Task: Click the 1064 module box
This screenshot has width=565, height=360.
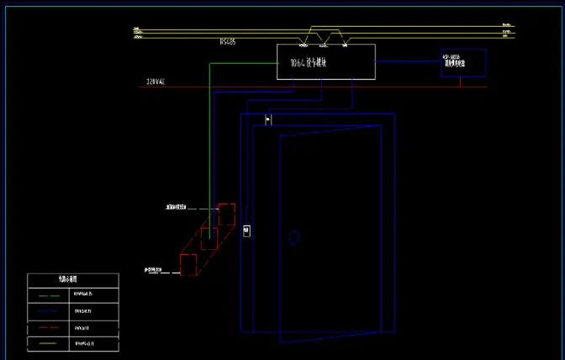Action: [x=314, y=62]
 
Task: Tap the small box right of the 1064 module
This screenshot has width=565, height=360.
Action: [x=463, y=63]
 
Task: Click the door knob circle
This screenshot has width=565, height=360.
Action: [x=294, y=239]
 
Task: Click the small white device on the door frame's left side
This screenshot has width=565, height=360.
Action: [x=246, y=230]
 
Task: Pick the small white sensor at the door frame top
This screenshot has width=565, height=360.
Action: [x=268, y=119]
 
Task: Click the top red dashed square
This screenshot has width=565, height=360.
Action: [x=226, y=214]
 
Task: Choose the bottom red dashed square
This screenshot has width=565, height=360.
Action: [x=189, y=263]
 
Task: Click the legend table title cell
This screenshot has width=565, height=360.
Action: [x=72, y=280]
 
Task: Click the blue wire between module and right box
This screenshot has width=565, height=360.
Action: [x=408, y=61]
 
